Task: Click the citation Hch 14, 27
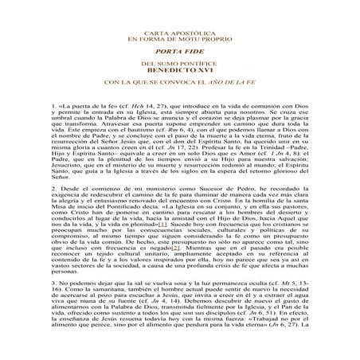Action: point(157,104)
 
